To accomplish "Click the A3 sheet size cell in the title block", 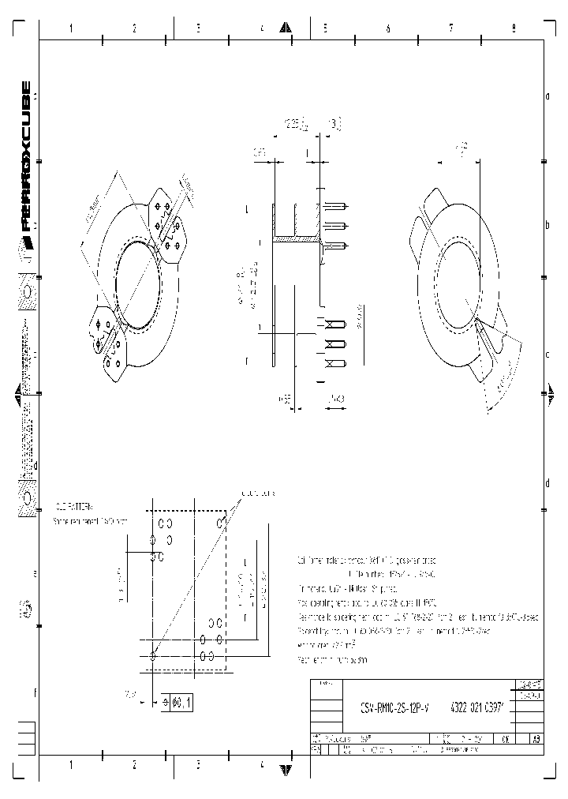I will click(x=536, y=741).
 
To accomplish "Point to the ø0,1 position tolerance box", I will click(x=178, y=701).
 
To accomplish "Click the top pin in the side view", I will click(x=334, y=207).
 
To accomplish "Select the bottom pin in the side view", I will click(x=334, y=362).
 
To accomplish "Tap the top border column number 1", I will click(x=71, y=28).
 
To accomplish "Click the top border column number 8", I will click(x=514, y=28).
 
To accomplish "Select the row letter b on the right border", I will click(x=547, y=226).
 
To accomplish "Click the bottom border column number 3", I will click(x=198, y=764).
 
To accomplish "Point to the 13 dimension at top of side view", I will click(x=334, y=124).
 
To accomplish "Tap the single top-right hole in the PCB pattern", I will click(x=224, y=522).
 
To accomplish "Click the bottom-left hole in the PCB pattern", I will click(x=153, y=655).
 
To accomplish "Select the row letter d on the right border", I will click(x=547, y=482).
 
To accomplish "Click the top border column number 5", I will click(x=324, y=28).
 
